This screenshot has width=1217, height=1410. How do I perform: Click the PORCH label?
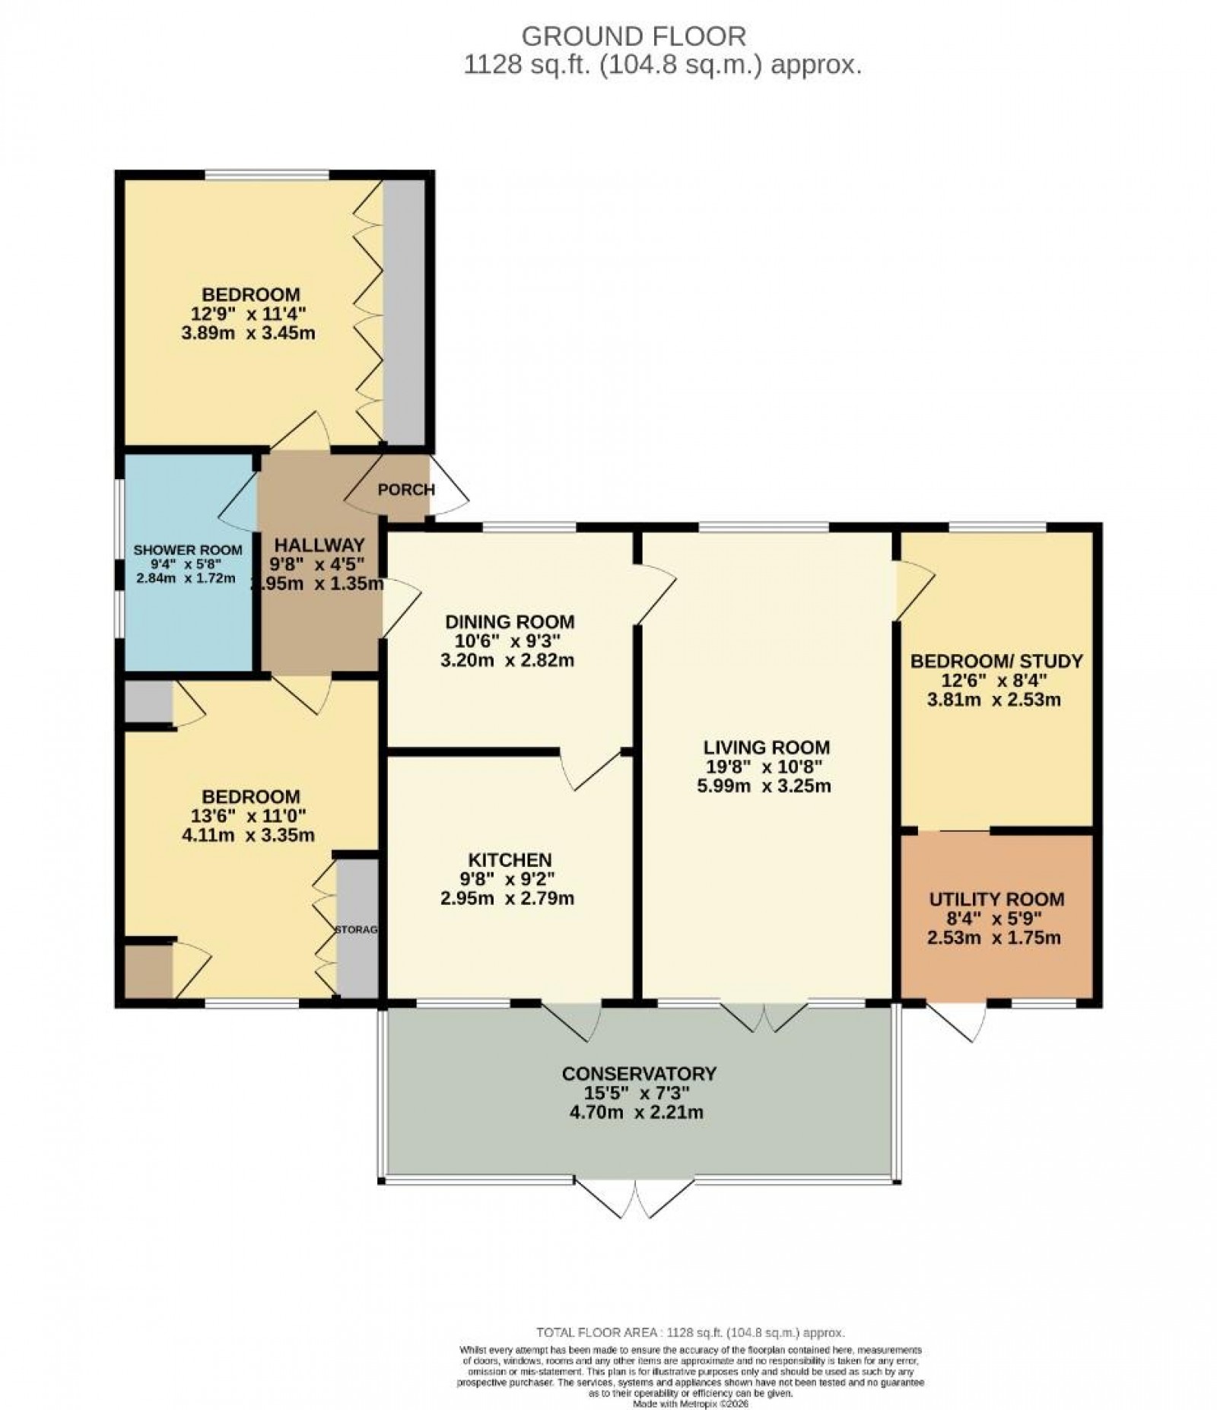(406, 490)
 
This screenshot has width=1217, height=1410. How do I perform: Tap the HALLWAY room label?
(319, 545)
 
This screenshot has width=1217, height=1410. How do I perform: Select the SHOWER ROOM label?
(188, 550)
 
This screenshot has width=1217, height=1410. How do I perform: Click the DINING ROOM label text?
(510, 621)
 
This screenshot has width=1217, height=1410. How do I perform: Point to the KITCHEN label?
(510, 860)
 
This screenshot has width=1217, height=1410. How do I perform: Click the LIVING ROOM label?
(766, 747)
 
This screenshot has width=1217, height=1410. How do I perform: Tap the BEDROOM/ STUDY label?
(996, 660)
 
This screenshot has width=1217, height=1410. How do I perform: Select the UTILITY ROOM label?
(996, 899)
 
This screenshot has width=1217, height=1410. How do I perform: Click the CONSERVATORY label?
(639, 1074)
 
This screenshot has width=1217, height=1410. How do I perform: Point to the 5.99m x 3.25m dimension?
(764, 786)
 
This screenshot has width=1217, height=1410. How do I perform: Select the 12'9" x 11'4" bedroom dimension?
(250, 313)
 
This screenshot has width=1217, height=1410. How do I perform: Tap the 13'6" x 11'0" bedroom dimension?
(250, 816)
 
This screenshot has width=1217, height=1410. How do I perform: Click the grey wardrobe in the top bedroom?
(404, 312)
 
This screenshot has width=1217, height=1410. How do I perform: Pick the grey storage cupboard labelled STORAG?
(357, 928)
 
